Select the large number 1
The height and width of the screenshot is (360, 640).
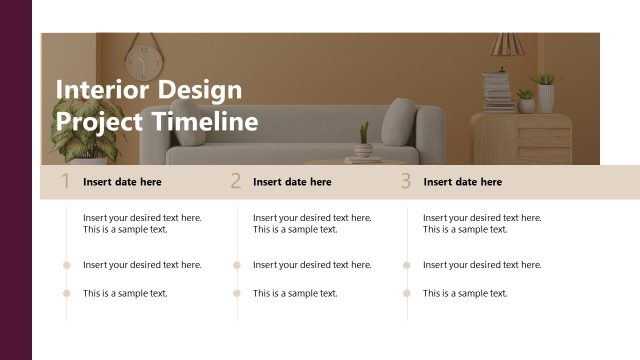pyautogui.click(x=65, y=181)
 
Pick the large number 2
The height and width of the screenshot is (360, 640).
pyautogui.click(x=236, y=181)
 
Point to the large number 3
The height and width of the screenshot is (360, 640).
pyautogui.click(x=406, y=181)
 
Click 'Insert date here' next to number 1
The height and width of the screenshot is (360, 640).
pyautogui.click(x=122, y=182)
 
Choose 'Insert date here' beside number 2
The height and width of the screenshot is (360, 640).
pyautogui.click(x=292, y=182)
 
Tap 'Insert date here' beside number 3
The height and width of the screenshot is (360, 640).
pyautogui.click(x=462, y=182)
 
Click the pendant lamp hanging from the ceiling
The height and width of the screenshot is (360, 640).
pyautogui.click(x=504, y=45)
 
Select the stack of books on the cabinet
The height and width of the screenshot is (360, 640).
pyautogui.click(x=497, y=92)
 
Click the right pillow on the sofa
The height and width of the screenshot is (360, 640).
pyautogui.click(x=399, y=123)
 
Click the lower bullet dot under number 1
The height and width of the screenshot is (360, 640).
pyautogui.click(x=67, y=293)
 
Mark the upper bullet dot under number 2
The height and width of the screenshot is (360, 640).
pyautogui.click(x=237, y=265)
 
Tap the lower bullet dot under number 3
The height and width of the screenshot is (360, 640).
pyautogui.click(x=407, y=293)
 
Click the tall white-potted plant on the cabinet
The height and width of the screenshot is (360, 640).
pyautogui.click(x=546, y=92)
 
